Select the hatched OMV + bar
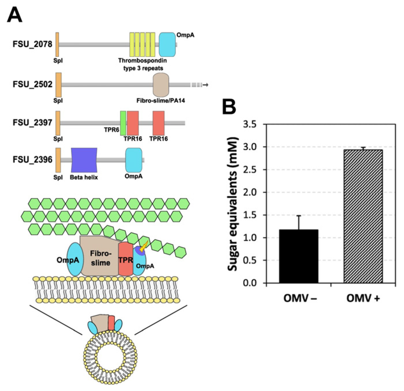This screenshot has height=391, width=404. [x=363, y=216]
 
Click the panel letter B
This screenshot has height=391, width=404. [x=229, y=107]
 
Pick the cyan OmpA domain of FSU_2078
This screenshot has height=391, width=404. [x=167, y=44]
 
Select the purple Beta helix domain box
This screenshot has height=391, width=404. [x=84, y=160]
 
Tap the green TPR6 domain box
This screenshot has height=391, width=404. [x=123, y=123]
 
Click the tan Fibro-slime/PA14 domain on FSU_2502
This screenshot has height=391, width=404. [x=161, y=85]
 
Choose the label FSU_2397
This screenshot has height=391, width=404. [x=33, y=123]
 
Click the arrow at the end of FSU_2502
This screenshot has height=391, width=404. [x=205, y=85]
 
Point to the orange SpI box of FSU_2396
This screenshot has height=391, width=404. [x=58, y=160]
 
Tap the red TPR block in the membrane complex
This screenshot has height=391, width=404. [x=125, y=259]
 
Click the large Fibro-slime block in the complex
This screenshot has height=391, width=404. [x=99, y=256]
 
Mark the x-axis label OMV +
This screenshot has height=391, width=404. [x=363, y=298]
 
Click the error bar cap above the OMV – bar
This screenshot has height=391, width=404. [x=299, y=216]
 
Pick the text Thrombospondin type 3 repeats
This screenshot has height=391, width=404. [x=143, y=64]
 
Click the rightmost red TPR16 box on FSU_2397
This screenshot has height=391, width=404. [x=159, y=123]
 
